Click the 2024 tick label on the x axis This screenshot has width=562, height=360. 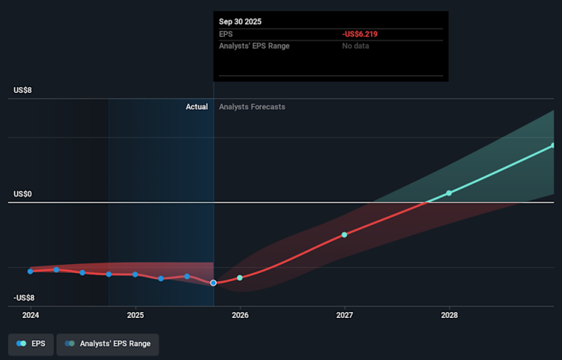point(31,316)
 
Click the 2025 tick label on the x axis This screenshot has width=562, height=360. point(136,316)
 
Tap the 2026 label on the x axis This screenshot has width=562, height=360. point(240,316)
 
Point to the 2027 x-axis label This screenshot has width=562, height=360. point(345,316)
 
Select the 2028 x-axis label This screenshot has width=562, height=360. point(450,316)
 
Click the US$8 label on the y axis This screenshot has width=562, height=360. point(22,90)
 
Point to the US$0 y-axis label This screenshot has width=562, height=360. point(22,194)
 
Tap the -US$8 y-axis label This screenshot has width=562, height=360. point(25,298)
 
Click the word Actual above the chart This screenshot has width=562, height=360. point(196,107)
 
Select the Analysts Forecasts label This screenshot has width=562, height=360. point(252,107)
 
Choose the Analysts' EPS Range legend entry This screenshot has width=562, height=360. point(108,343)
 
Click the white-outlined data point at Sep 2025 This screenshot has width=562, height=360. point(214,283)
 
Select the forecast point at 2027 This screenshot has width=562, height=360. point(345,235)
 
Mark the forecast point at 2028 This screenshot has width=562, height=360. point(450,193)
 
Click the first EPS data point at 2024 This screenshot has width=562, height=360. point(31,271)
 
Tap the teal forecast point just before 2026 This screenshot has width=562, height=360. point(240,277)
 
